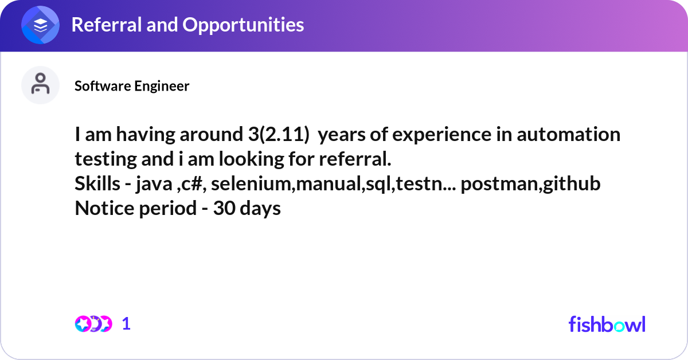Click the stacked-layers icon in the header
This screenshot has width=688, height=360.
click(40, 25)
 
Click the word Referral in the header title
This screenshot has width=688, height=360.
click(107, 25)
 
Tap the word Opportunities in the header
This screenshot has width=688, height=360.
click(243, 25)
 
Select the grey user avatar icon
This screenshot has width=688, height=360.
click(40, 85)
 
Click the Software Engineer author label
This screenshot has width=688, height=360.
click(132, 86)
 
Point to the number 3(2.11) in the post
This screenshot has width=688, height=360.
click(279, 135)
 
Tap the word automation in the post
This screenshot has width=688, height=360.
click(569, 135)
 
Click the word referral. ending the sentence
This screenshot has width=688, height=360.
click(355, 159)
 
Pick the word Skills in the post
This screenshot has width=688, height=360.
click(97, 183)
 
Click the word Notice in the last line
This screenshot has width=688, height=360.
click(104, 208)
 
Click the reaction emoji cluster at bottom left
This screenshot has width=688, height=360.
click(93, 324)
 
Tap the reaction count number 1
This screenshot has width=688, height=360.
click(126, 324)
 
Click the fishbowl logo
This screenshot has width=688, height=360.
click(607, 324)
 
